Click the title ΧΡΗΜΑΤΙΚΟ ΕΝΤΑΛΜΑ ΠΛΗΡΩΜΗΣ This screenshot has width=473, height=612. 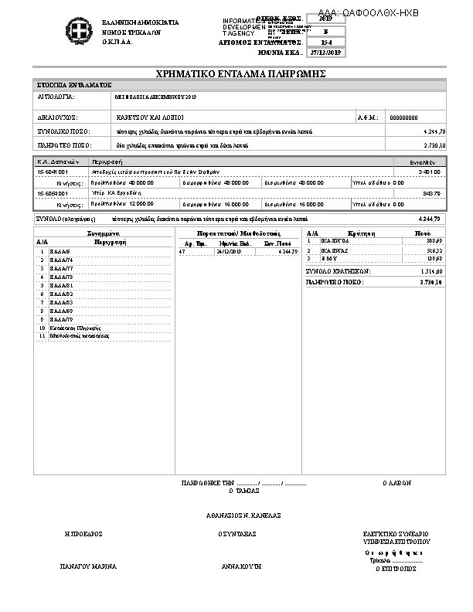pyautogui.click(x=239, y=73)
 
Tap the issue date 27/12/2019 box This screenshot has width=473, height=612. pyautogui.click(x=325, y=53)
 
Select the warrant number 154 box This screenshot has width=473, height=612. pyautogui.click(x=325, y=42)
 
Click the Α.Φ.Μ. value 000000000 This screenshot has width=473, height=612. pyautogui.click(x=403, y=117)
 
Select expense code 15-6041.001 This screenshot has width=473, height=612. pyautogui.click(x=52, y=171)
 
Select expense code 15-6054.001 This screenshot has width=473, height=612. pyautogui.click(x=52, y=192)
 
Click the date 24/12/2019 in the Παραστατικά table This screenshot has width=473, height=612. pyautogui.click(x=229, y=252)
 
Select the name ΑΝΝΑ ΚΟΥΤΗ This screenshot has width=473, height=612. pyautogui.click(x=241, y=566)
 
